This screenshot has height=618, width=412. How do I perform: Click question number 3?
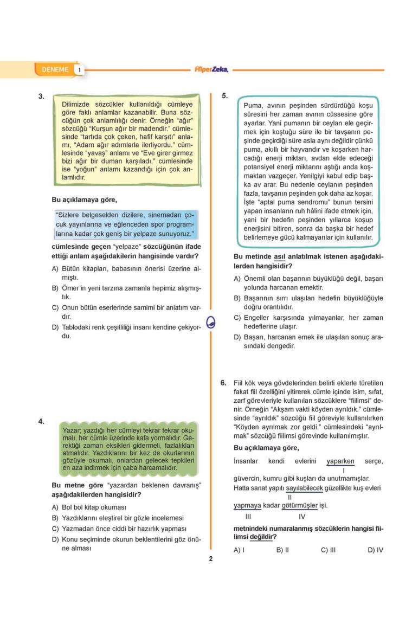41,97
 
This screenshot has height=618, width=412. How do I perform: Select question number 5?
225,96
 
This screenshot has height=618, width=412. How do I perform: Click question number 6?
223,382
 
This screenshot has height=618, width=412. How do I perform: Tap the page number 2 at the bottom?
211,559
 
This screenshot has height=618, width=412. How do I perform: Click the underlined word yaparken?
340,461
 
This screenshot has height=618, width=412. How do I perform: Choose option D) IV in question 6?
375,550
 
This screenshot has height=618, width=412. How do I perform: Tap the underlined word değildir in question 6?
263,537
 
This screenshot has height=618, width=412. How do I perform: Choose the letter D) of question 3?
55,327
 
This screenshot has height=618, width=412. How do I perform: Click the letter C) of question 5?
237,318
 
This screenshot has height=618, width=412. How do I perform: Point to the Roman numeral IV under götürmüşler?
302,516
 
